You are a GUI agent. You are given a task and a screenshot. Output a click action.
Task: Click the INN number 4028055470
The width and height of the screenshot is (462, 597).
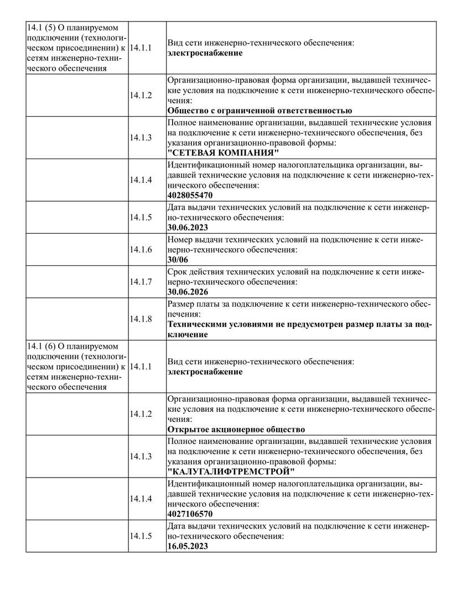coord(190,195)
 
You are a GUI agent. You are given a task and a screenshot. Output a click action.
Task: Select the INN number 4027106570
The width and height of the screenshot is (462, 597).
coord(190,514)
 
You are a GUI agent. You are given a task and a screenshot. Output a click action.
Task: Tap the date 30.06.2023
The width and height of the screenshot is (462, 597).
coord(188,227)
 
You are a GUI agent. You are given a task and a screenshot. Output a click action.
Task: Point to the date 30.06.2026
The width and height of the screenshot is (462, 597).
coord(188,291)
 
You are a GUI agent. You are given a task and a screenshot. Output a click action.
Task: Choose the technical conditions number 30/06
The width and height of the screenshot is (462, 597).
coord(178,259)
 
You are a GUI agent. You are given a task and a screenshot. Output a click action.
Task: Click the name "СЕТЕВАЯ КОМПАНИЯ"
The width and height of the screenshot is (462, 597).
coord(223,153)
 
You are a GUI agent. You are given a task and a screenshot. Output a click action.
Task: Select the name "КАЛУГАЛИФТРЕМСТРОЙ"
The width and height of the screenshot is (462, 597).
coord(231,472)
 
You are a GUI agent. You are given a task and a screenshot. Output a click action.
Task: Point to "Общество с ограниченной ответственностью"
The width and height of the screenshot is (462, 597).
coord(259,111)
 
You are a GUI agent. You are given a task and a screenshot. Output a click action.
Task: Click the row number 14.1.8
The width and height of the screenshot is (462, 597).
coord(141,318)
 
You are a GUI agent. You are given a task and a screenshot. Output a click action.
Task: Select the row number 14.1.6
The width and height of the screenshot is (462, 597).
coord(141,249)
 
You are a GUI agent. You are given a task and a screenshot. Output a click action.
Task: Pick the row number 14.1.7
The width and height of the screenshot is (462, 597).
coord(141,281)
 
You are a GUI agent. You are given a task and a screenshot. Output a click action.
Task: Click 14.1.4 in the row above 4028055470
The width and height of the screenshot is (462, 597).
coord(141,180)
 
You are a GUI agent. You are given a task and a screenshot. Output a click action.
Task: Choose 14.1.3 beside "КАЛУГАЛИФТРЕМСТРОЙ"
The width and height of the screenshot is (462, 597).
coord(141,456)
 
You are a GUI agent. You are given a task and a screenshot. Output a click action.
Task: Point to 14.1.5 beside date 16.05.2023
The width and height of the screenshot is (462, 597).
coord(141,536)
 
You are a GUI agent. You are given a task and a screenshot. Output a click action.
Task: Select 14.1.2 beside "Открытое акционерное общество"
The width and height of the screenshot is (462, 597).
coord(141,413)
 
